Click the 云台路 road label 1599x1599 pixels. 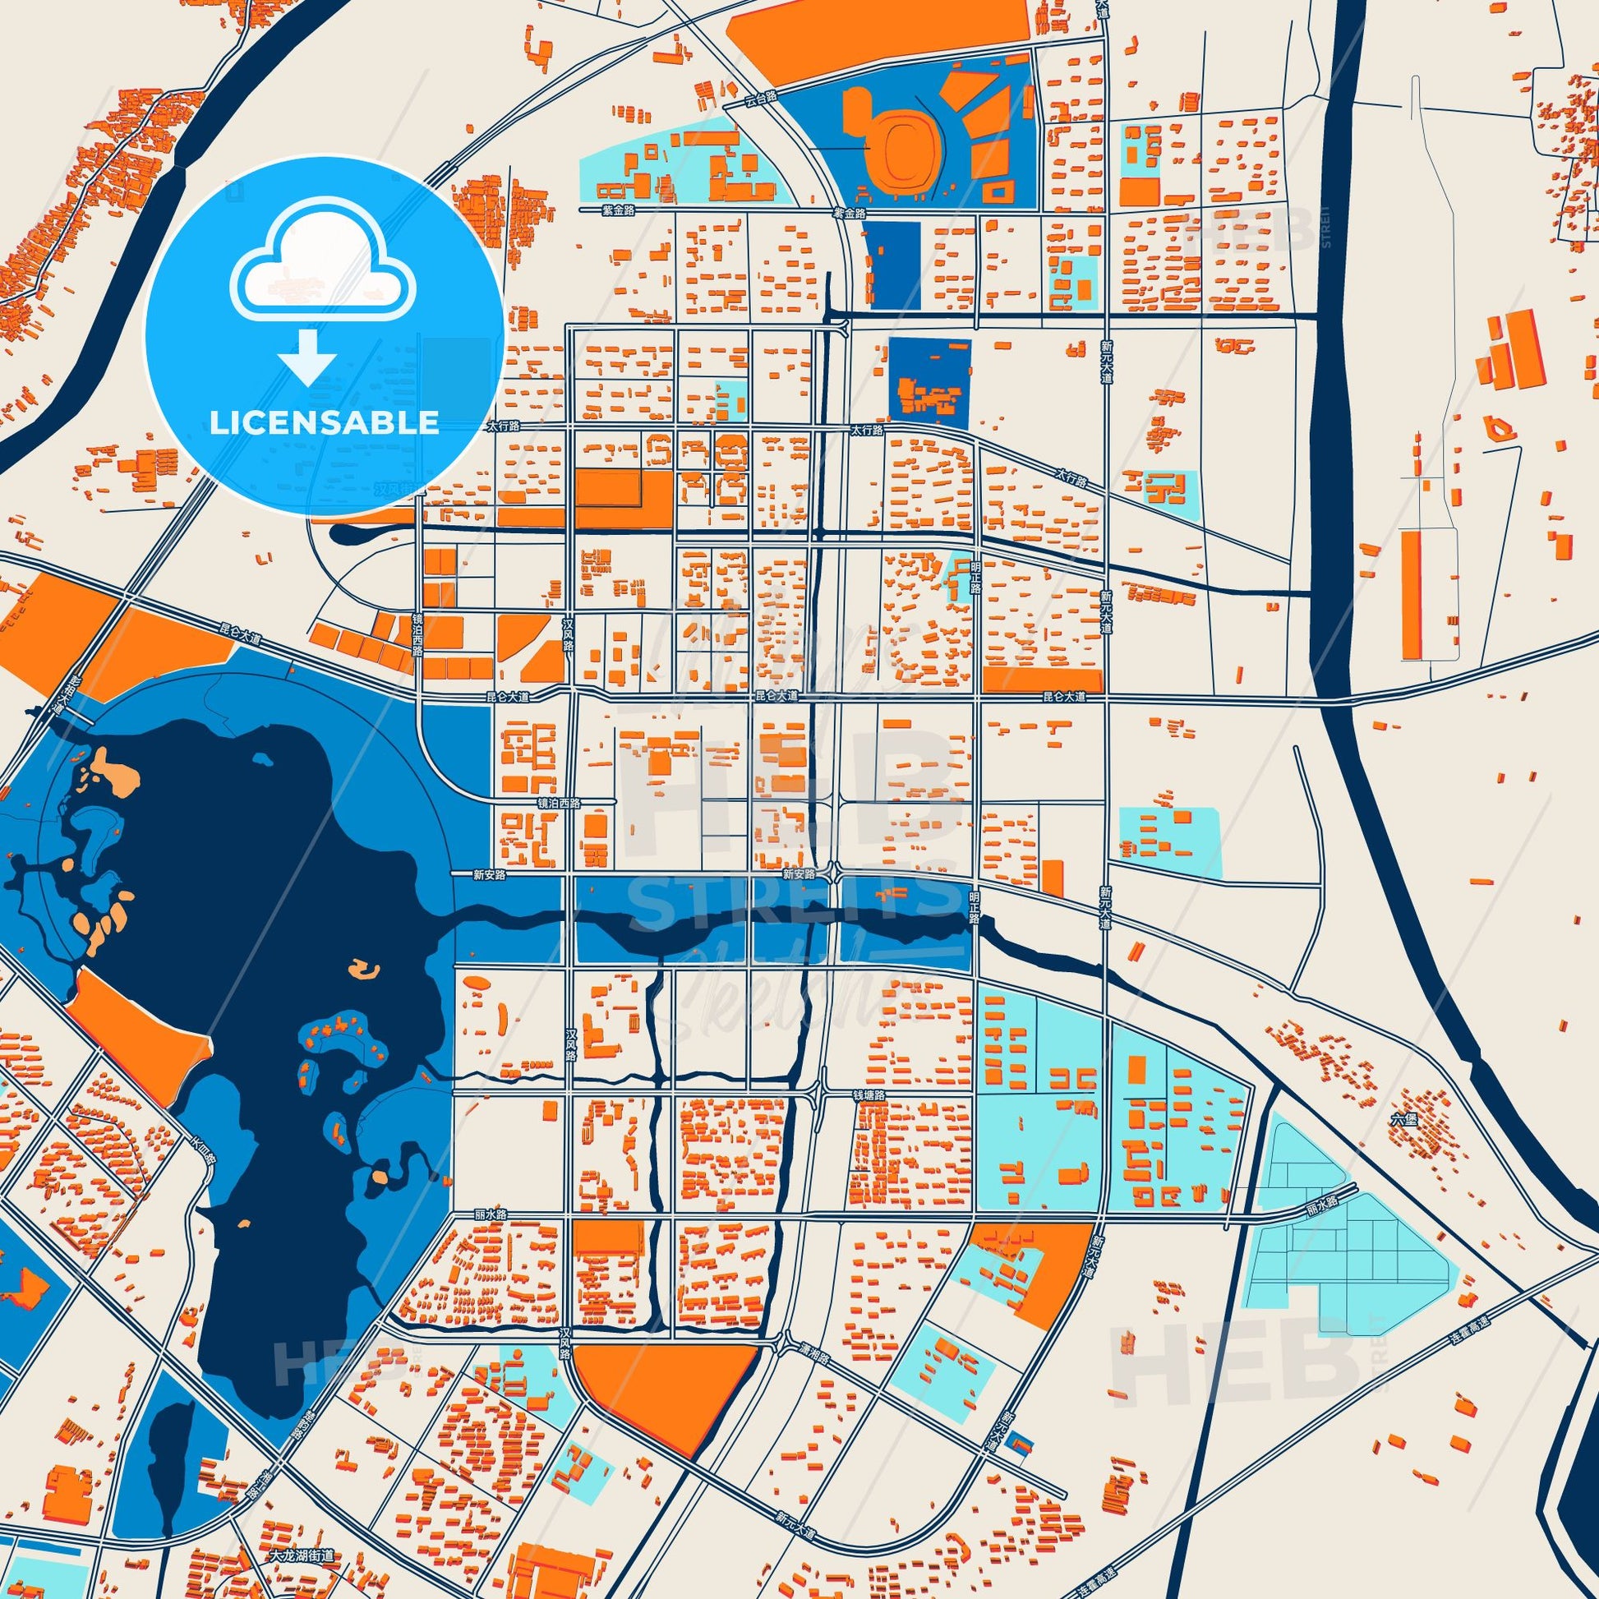point(762,97)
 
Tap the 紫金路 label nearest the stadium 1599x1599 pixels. point(849,213)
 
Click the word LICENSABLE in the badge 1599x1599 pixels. point(324,423)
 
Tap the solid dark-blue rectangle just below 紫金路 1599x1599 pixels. point(892,264)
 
